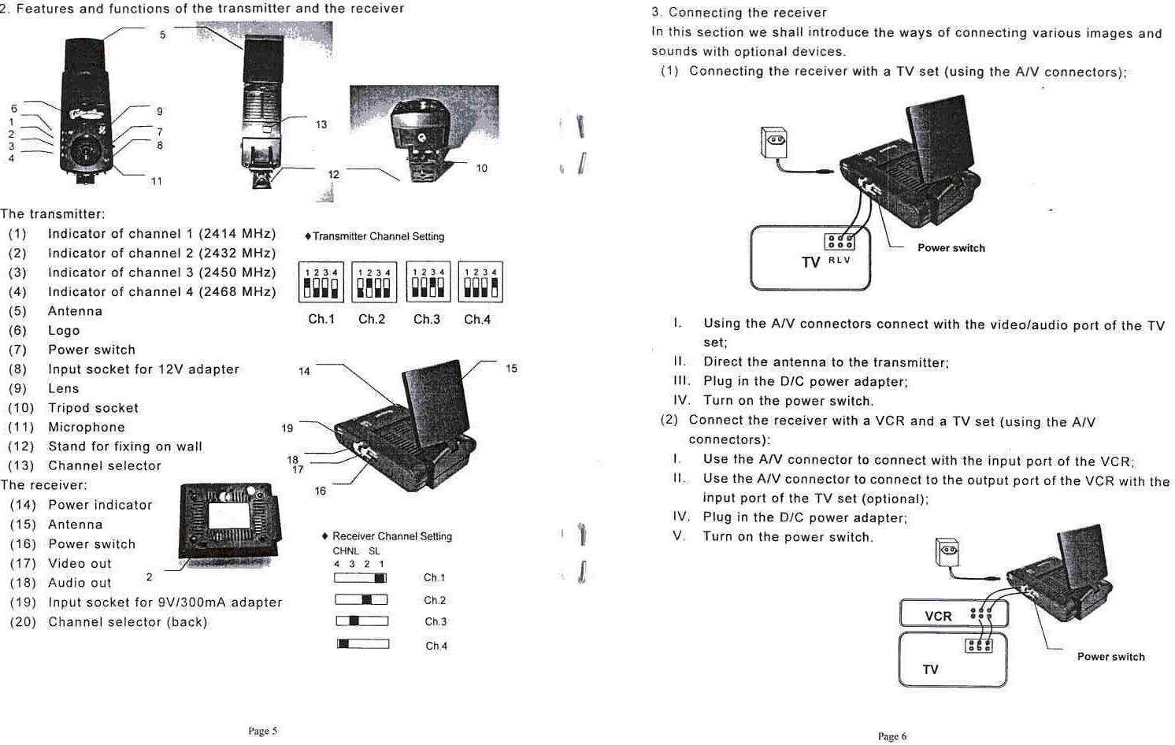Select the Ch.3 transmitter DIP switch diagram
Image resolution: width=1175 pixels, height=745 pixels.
(428, 282)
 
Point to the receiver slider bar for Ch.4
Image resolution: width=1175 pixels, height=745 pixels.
(363, 644)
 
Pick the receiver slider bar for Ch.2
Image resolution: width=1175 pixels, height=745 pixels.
(361, 599)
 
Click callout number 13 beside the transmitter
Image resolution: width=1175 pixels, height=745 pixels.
(321, 124)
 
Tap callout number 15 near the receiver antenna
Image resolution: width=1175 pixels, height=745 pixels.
(511, 369)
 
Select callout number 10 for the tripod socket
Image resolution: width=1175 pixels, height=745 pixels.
(481, 168)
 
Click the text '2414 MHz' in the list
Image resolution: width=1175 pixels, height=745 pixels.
(236, 234)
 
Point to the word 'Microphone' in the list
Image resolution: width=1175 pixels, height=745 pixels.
(87, 427)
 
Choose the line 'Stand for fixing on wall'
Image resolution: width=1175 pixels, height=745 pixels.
(125, 447)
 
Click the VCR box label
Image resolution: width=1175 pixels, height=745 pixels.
(938, 616)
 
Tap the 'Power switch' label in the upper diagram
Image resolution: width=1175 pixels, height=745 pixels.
(951, 248)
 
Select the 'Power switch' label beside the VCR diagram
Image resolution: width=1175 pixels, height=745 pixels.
(1110, 657)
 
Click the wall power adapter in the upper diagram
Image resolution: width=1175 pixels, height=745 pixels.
(773, 143)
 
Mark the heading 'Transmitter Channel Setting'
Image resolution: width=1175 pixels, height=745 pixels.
(378, 236)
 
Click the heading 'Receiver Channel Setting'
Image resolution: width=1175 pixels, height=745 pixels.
(391, 536)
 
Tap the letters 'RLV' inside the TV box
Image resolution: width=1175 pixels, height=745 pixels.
(840, 260)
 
